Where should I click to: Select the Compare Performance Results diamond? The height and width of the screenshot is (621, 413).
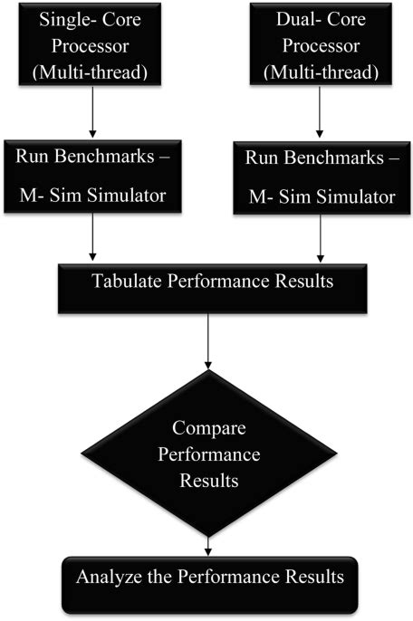[x=210, y=453]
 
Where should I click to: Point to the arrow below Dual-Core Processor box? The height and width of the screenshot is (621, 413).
[x=319, y=115]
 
